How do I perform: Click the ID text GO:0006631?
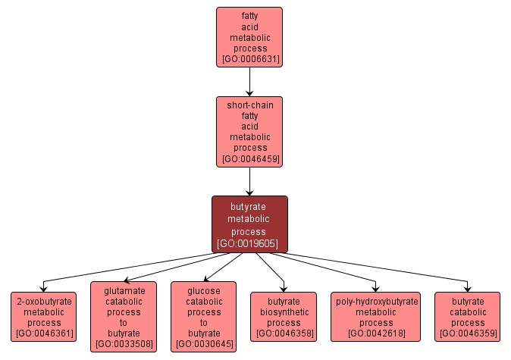point(249,59)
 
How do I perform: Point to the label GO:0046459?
point(249,160)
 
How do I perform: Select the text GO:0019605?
point(249,244)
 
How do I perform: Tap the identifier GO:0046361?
point(43,333)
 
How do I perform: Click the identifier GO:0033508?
point(124,345)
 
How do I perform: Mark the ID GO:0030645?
point(204,345)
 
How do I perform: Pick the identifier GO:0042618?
point(376,333)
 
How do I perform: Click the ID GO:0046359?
point(468,333)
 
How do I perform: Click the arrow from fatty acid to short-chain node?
point(249,80)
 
